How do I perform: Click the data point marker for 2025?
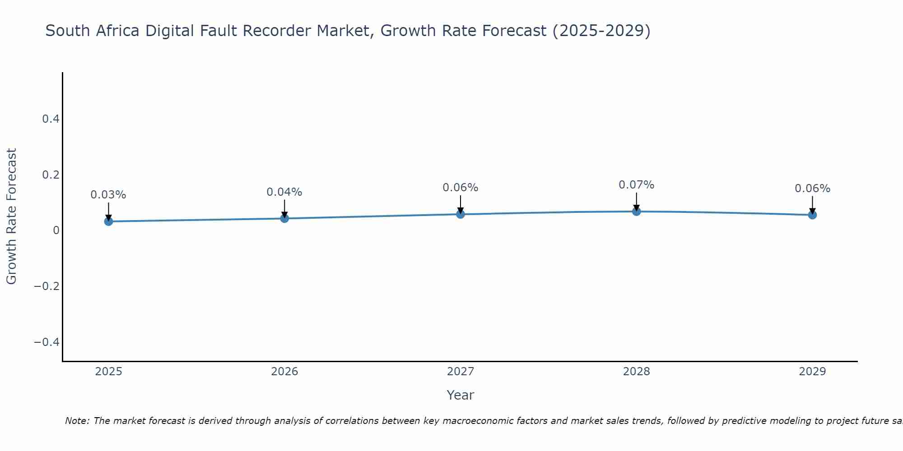coord(108,221)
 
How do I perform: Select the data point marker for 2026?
coord(284,218)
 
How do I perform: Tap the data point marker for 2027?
coord(461,214)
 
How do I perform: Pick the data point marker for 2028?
coord(636,211)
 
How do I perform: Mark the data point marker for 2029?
coord(812,215)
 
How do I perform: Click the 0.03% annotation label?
coord(108,195)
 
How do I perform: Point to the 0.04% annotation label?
coord(284,192)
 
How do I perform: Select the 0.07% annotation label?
coord(636,185)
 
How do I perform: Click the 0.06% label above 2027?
coord(461,188)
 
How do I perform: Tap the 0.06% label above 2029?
coord(812,189)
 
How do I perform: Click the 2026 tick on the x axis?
coord(284,372)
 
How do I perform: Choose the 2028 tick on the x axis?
coord(636,372)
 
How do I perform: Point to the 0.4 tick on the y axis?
coord(51,119)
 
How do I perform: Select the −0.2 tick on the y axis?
coord(47,286)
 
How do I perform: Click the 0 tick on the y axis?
coord(56,230)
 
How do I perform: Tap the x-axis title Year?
coord(460,395)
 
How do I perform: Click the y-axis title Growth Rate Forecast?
coord(11,216)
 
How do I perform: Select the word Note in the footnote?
coord(77,421)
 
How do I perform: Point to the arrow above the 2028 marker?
coord(636,202)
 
